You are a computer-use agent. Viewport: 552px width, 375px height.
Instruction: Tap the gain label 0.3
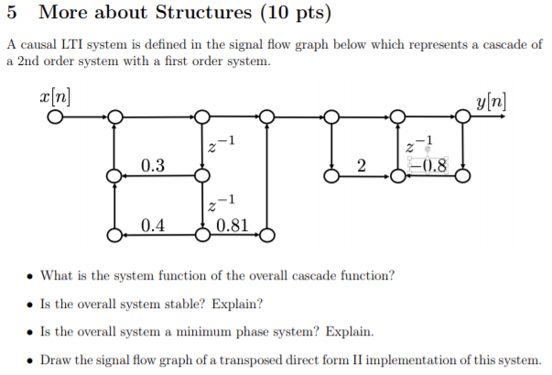tap(153, 165)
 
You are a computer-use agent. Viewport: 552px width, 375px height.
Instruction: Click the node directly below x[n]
tap(57, 116)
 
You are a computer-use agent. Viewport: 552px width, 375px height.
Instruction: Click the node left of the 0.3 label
tap(114, 174)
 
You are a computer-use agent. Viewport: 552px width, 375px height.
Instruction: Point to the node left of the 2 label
tap(331, 174)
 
